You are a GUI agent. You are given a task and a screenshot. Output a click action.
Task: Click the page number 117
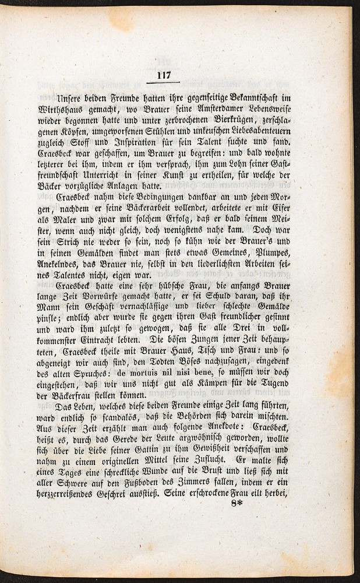pyautogui.click(x=163, y=75)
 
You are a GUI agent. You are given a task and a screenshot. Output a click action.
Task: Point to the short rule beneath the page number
pyautogui.click(x=163, y=83)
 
